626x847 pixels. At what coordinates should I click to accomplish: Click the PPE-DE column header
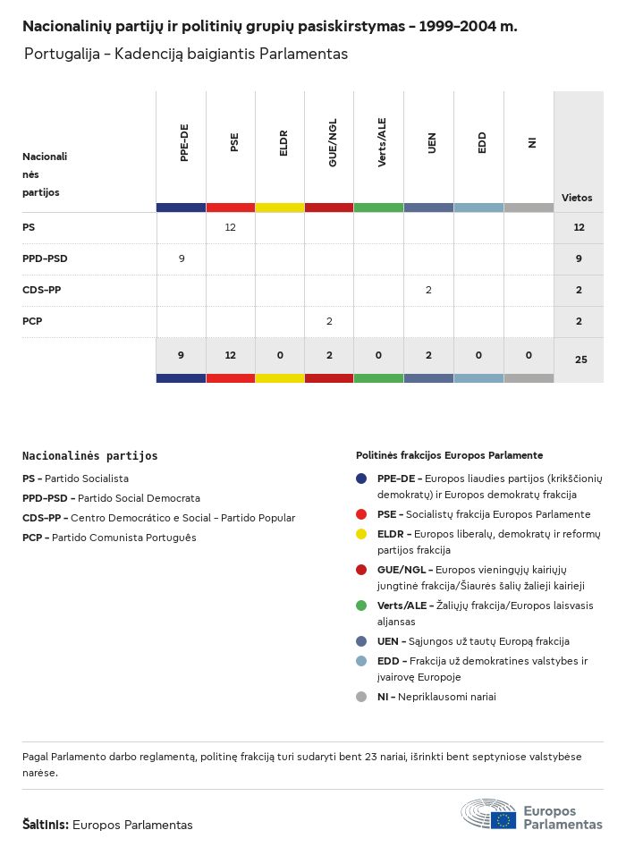(184, 143)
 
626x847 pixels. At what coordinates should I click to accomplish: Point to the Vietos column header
(577, 198)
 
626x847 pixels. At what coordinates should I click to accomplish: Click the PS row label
(29, 228)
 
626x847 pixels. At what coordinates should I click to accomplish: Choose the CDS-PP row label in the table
(41, 291)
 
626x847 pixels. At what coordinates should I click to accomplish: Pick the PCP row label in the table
(32, 321)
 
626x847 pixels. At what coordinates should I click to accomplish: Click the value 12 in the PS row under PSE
(230, 228)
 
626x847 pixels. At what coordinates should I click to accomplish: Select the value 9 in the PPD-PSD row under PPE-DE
(182, 259)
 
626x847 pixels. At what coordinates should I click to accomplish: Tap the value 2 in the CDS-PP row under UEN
(428, 291)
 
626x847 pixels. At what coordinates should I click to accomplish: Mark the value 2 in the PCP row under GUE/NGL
(329, 321)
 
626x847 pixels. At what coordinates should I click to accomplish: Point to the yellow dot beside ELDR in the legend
(361, 533)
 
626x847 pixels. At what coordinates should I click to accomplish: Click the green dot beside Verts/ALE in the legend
(361, 606)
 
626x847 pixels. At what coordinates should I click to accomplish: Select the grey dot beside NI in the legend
(361, 697)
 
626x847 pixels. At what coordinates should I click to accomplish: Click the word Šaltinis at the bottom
(45, 825)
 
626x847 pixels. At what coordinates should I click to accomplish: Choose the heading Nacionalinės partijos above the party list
(89, 456)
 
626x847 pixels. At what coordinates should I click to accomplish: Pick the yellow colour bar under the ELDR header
(280, 208)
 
